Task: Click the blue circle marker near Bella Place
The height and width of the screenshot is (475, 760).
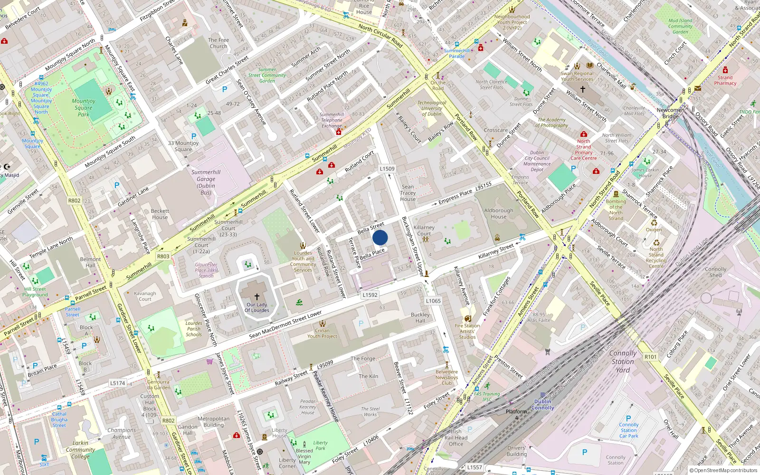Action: coord(380,237)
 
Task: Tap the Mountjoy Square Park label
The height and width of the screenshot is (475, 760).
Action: coord(84,108)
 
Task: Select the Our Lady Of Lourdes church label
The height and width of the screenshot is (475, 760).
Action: coord(257,307)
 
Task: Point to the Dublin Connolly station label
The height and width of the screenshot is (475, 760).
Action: coord(543,405)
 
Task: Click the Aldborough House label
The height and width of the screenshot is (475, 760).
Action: coord(499,214)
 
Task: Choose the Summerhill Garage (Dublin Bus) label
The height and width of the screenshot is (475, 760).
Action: coord(206,182)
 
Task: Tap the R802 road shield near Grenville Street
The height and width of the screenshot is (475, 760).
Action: coord(75,200)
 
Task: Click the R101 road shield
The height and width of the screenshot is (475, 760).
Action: coord(651,357)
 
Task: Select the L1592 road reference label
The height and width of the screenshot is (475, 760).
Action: coord(370,295)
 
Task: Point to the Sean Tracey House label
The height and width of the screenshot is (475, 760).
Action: coord(408,193)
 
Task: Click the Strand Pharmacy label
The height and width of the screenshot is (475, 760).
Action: coord(725,80)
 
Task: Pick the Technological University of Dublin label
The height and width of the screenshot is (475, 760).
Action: coord(431,108)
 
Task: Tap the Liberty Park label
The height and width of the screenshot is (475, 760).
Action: coord(321,445)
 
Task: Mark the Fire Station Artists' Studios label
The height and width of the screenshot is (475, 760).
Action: coord(467,331)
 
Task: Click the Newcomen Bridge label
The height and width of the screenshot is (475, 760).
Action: coord(671,113)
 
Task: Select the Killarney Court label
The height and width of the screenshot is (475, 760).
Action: coord(424,230)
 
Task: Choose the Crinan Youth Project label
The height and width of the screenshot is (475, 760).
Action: coord(322,333)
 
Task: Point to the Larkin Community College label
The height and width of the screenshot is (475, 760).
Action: coord(80,449)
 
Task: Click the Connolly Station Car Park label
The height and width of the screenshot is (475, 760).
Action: coord(629,430)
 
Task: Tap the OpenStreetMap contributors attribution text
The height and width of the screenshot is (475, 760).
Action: coord(723,471)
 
